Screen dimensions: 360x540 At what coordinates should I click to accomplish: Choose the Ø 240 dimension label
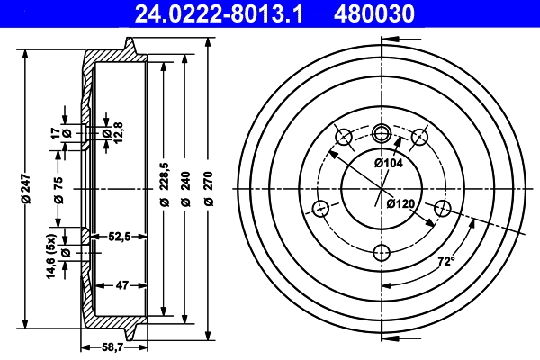[x=184, y=190]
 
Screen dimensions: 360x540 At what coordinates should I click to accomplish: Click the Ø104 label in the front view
[x=389, y=163]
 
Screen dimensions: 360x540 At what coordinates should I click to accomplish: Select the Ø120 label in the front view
[x=400, y=204]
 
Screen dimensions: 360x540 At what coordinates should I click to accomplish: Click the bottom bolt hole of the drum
[x=381, y=252]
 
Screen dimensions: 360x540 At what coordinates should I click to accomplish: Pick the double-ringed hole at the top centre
[x=381, y=134]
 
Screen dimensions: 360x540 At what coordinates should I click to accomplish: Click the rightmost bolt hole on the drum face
[x=442, y=209]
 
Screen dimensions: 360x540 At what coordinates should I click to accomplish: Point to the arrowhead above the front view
[x=389, y=40]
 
